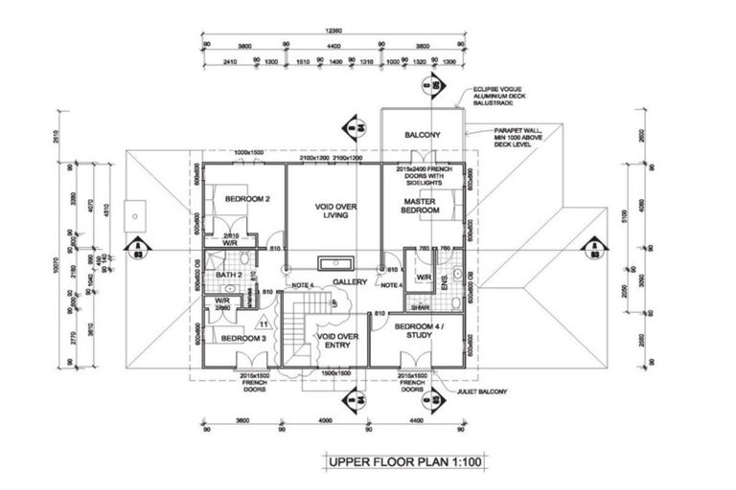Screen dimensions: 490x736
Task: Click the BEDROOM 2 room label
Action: (234, 199)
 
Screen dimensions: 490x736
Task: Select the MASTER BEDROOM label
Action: (422, 206)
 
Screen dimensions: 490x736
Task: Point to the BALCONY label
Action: (422, 135)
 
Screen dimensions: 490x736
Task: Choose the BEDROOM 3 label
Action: (236, 339)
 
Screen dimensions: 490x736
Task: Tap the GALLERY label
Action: (351, 282)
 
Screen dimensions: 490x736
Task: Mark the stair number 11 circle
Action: (262, 325)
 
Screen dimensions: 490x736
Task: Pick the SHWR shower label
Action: (419, 307)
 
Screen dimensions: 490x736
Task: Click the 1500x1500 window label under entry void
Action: (334, 373)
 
